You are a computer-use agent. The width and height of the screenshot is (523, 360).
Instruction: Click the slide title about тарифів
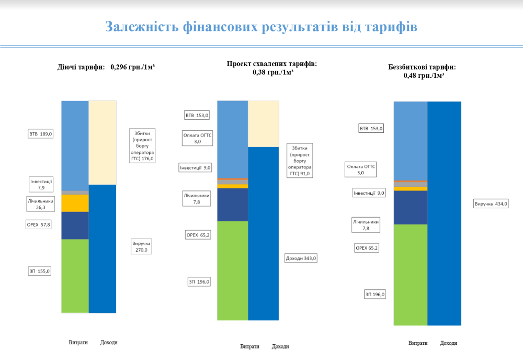pyautogui.click(x=261, y=27)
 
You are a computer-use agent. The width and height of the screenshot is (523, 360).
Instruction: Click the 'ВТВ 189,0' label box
pyautogui.click(x=40, y=134)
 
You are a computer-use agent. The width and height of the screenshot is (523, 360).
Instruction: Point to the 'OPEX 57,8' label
pyautogui.click(x=39, y=224)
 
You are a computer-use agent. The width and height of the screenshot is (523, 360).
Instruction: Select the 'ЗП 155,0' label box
pyautogui.click(x=39, y=271)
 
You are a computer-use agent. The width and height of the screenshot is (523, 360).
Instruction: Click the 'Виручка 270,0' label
pyautogui.click(x=141, y=246)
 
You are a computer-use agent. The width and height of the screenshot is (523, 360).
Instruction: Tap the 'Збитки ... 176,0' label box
pyautogui.click(x=143, y=146)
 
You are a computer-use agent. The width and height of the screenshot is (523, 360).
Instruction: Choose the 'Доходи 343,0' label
pyautogui.click(x=301, y=258)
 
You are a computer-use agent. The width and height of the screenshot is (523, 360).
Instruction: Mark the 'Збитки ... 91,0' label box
pyautogui.click(x=300, y=160)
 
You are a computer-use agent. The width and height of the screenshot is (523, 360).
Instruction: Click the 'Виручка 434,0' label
pyautogui.click(x=491, y=204)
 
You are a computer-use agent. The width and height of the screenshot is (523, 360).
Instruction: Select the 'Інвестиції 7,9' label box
pyautogui.click(x=41, y=184)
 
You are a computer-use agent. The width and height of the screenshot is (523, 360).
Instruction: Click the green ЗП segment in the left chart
pyautogui.click(x=75, y=276)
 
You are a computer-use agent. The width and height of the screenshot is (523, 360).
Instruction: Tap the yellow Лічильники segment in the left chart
pyautogui.click(x=75, y=203)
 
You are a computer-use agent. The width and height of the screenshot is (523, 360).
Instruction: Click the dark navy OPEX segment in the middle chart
pyautogui.click(x=232, y=205)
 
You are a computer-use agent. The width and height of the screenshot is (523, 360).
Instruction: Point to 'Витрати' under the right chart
pyautogui.click(x=418, y=343)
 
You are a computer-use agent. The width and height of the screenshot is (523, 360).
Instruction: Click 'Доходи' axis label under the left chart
pyautogui.click(x=109, y=342)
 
